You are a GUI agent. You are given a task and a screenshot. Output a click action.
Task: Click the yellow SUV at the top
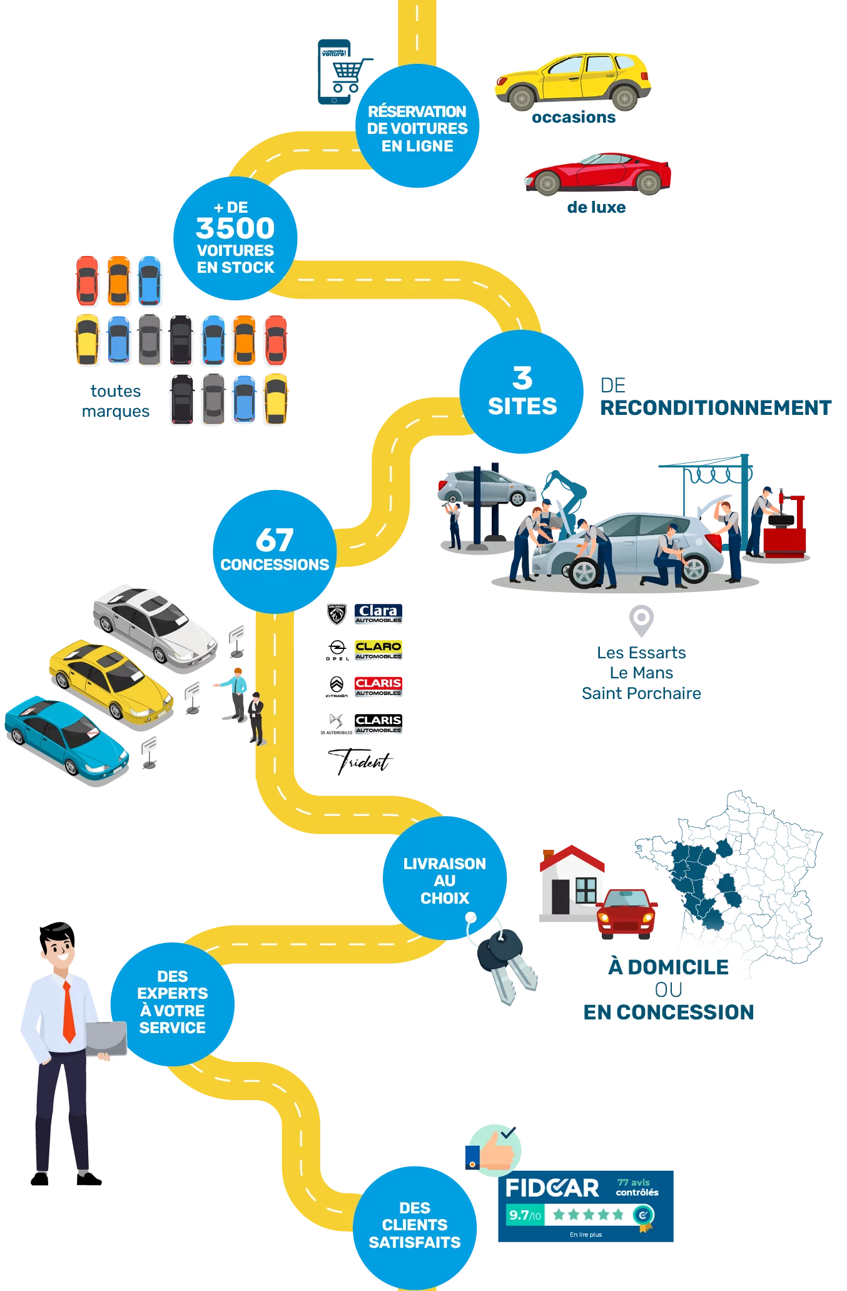572,81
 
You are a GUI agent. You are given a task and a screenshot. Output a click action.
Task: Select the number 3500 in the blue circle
235,228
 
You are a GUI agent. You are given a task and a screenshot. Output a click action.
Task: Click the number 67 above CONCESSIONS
275,539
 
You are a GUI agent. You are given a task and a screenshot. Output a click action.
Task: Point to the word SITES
522,407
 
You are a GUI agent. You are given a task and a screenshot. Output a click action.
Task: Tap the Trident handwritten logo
360,761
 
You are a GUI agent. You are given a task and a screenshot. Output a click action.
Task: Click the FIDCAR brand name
552,1188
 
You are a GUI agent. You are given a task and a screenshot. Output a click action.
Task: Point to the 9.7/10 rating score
524,1215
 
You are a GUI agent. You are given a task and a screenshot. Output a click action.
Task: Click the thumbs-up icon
494,1150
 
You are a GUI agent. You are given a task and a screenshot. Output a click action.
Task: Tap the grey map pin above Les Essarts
641,618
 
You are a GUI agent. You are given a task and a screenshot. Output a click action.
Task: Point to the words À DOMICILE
668,967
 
